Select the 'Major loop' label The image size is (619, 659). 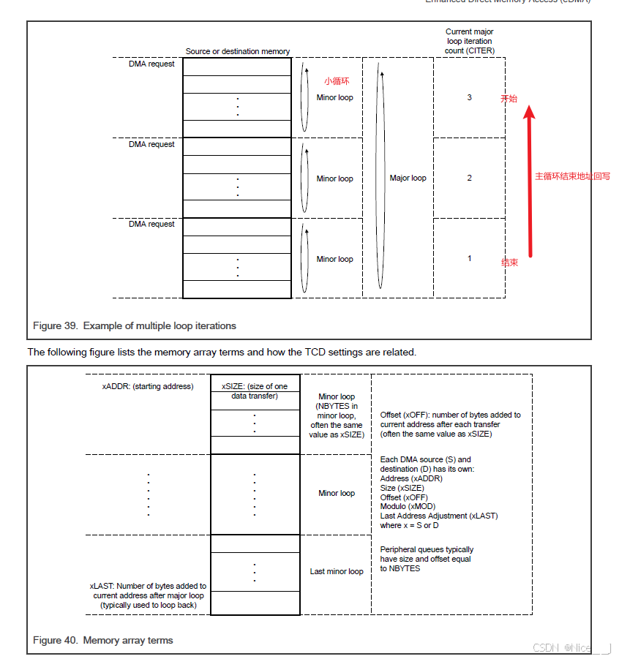(408, 178)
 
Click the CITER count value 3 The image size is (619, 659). (470, 97)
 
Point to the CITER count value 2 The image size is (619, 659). (470, 178)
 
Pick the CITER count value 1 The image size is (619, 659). (470, 258)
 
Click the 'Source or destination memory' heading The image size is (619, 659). (237, 51)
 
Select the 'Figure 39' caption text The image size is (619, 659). (135, 325)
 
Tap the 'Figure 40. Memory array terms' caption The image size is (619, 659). (103, 640)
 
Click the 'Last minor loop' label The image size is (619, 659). (337, 571)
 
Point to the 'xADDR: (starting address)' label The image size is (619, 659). (148, 386)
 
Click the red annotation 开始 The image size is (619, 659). (509, 98)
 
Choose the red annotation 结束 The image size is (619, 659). (509, 262)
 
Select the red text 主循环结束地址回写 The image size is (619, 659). (572, 176)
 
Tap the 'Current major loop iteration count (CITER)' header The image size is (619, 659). (470, 41)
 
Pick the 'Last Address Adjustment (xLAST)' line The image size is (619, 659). (439, 516)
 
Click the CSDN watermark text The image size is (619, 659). (571, 647)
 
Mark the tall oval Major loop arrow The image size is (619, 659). (380, 177)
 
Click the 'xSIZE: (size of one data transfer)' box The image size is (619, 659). (255, 391)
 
